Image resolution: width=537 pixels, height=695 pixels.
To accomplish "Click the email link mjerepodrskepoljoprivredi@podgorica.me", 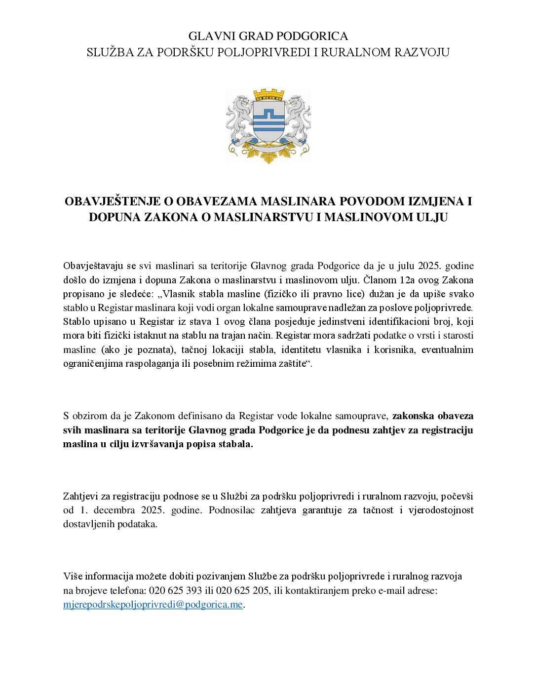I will click(x=153, y=604).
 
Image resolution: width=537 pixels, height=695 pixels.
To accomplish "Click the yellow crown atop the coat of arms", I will click(x=268, y=95).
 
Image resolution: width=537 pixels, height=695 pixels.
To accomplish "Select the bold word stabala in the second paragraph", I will click(x=236, y=444).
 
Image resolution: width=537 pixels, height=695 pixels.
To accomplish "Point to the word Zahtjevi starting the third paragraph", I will click(x=80, y=496).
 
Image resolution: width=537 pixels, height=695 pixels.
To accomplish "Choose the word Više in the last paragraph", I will click(x=73, y=576).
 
